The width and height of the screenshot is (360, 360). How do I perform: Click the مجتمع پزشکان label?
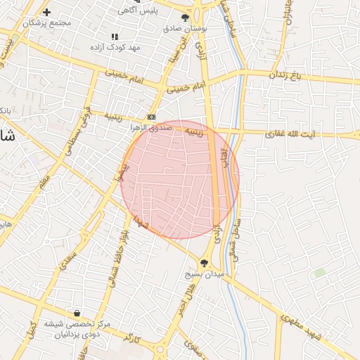[x=48, y=23]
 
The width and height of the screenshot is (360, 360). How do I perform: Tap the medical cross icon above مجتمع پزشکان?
[x=47, y=12]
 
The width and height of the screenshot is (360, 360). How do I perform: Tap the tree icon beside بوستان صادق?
[x=185, y=18]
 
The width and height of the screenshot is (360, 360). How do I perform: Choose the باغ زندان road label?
[x=285, y=74]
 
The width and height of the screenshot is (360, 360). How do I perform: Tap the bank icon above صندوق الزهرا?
[x=151, y=117]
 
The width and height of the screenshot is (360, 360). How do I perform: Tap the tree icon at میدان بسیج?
[x=204, y=263]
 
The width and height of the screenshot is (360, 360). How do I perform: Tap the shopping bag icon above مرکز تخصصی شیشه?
[x=76, y=313]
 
